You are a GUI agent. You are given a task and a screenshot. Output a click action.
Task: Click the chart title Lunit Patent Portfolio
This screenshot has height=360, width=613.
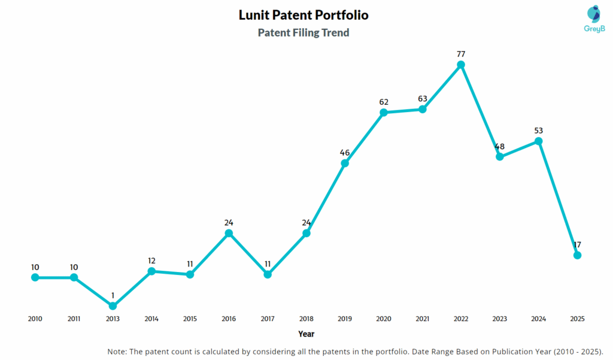304,14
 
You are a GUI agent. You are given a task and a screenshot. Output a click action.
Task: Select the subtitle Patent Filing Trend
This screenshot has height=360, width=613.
304,33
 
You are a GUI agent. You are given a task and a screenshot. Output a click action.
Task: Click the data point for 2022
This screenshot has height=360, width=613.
461,65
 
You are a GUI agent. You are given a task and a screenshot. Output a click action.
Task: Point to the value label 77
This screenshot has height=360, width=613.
461,52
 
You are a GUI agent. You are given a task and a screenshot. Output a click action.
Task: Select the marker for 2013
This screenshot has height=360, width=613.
113,306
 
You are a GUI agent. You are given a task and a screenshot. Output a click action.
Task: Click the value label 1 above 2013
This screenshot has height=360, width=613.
113,295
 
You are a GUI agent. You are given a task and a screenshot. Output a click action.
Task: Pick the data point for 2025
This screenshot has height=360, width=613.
577,255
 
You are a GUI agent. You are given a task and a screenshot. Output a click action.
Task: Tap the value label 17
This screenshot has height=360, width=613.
577,244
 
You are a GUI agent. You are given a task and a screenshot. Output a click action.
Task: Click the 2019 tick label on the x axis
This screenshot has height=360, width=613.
345,319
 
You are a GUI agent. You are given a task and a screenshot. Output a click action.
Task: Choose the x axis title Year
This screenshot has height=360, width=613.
306,334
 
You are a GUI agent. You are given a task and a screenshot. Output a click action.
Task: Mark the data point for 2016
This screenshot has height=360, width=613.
229,233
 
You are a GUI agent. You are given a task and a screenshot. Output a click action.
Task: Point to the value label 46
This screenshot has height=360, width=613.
345,152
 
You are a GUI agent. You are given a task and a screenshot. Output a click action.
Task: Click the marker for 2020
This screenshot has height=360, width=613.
384,113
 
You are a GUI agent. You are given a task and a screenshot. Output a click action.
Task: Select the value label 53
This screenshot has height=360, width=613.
538,130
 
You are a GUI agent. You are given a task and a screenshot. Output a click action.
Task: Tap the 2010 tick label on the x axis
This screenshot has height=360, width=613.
35,319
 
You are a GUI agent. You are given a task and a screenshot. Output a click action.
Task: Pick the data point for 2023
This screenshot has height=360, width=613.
500,157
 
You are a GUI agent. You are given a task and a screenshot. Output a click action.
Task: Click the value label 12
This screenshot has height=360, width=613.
151,261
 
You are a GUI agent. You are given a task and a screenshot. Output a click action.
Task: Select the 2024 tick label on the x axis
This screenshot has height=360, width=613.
538,319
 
